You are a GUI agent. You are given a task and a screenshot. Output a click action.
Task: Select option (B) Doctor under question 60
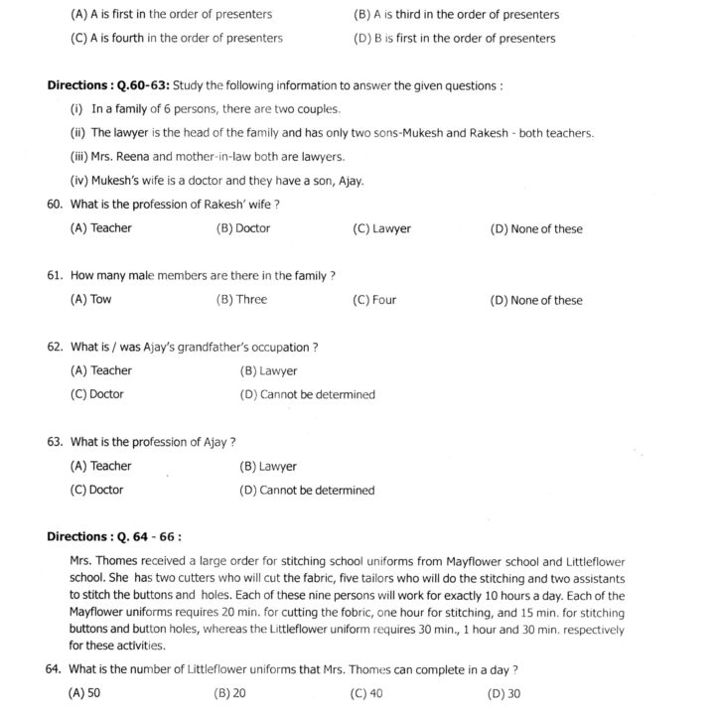click(242, 228)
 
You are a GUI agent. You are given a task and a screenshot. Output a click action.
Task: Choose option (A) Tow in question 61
click(90, 300)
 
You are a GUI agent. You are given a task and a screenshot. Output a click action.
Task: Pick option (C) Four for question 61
click(374, 300)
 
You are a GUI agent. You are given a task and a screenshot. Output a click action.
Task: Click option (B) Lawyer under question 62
click(268, 371)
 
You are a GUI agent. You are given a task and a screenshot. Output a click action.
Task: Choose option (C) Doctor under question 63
click(96, 490)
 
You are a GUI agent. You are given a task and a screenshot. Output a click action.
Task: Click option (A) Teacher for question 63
click(100, 466)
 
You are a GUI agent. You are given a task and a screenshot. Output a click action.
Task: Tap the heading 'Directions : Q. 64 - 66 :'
click(114, 537)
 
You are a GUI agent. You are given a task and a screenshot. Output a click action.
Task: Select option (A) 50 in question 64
click(84, 693)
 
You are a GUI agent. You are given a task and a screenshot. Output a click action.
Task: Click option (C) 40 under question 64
click(367, 693)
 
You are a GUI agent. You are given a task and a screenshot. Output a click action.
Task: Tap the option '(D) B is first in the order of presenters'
click(454, 39)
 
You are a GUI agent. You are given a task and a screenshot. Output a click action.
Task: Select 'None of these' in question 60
click(546, 228)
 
